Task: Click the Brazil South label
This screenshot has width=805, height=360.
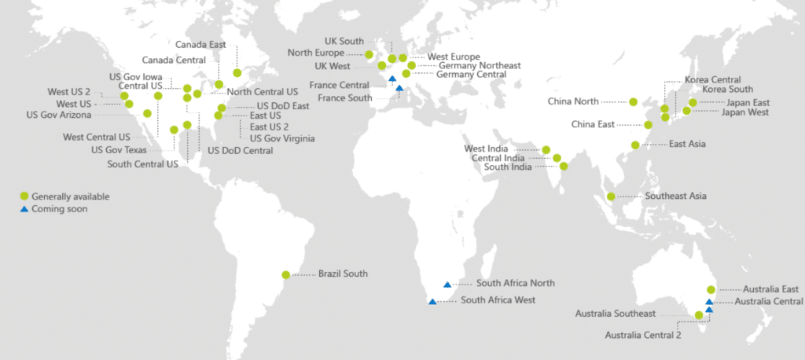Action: (343, 274)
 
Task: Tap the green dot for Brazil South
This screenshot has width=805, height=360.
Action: (285, 275)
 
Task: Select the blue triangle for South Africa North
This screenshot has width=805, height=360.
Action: (447, 284)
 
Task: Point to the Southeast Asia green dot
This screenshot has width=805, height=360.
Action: (610, 196)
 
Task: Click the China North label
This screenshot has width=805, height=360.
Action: (575, 101)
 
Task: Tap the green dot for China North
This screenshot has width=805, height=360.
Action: (633, 101)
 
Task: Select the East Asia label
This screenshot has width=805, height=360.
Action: (687, 144)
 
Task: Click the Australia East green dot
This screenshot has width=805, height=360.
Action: (711, 289)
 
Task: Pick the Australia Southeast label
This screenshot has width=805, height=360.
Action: (616, 314)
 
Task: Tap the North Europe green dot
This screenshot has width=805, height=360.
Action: (369, 54)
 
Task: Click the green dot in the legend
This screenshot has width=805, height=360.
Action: (24, 197)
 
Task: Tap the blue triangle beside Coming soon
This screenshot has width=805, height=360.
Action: (24, 209)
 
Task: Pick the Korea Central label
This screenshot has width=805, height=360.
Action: (712, 80)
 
